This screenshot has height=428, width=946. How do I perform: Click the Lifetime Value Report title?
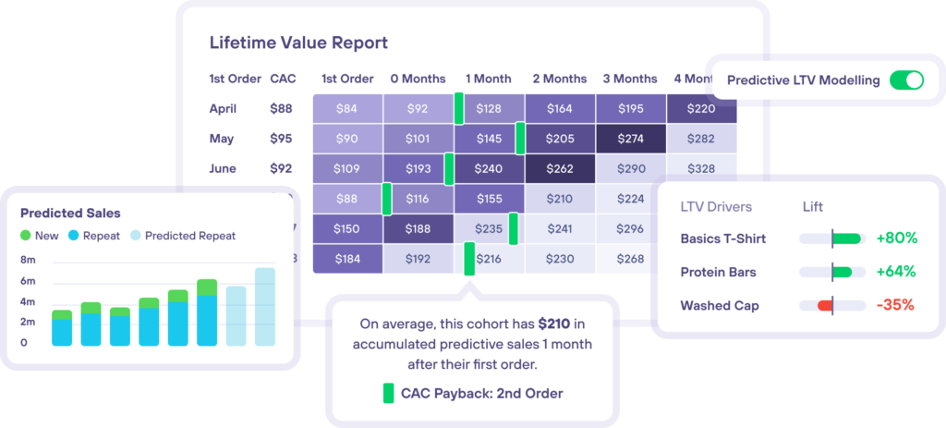(x=298, y=43)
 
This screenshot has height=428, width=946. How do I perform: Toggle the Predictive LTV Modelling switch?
(x=905, y=80)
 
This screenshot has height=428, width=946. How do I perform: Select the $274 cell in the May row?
(x=630, y=139)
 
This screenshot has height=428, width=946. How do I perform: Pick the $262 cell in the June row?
(x=559, y=168)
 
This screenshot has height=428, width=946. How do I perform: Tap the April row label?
(x=223, y=109)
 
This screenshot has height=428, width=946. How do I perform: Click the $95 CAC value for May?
(x=281, y=139)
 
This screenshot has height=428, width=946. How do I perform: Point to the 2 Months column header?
(x=559, y=79)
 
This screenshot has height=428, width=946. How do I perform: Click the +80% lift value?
(x=896, y=238)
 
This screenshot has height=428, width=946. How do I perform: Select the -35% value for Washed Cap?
(x=896, y=305)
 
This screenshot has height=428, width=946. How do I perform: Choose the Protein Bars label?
(x=718, y=272)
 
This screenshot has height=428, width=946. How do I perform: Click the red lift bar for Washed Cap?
(x=825, y=305)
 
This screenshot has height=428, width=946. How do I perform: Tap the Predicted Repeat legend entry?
(x=183, y=236)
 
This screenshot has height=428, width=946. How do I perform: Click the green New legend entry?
(x=40, y=236)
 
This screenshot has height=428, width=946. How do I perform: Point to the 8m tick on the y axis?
(x=28, y=261)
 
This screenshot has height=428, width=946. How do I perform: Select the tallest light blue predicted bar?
(x=265, y=307)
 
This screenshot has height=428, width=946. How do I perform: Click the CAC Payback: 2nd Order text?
(x=480, y=393)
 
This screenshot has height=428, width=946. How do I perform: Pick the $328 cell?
(x=701, y=168)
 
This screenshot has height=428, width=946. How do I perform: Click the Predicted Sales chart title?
(x=70, y=214)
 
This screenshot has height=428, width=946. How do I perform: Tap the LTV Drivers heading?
(x=716, y=207)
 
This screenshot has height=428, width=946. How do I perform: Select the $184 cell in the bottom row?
(x=346, y=259)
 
